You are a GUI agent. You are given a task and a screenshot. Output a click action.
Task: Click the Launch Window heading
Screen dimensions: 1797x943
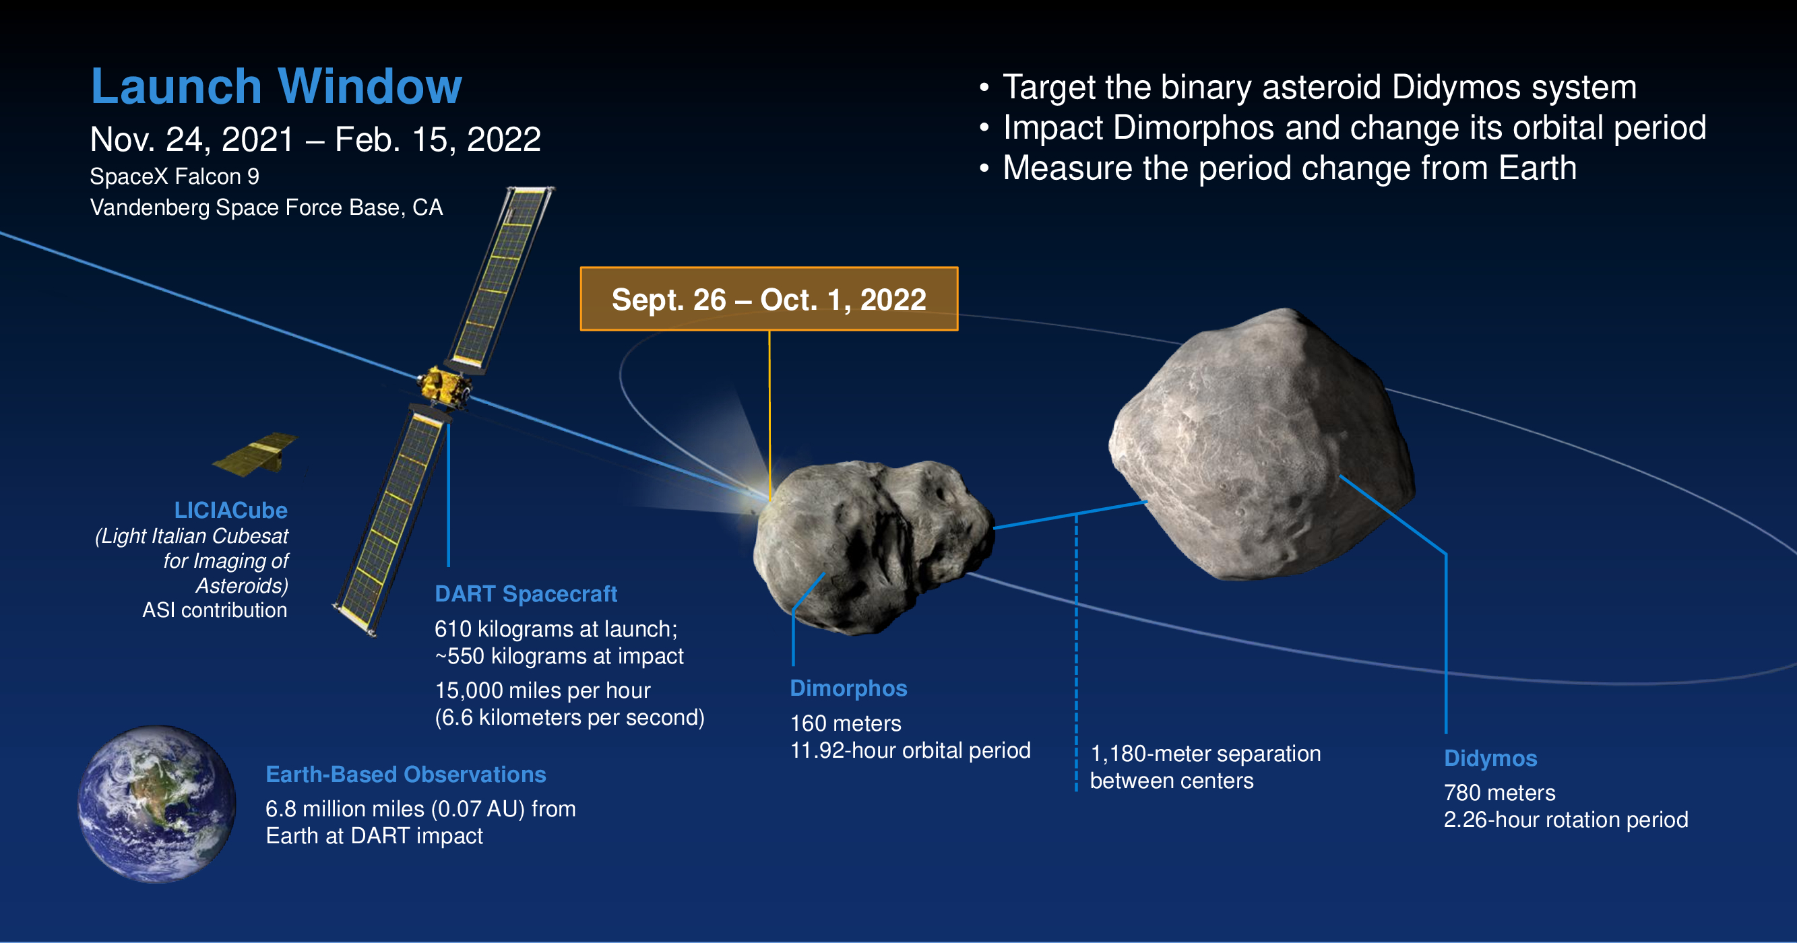click(276, 86)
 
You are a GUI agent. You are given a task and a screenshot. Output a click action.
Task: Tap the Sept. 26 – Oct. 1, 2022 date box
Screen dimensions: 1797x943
click(769, 298)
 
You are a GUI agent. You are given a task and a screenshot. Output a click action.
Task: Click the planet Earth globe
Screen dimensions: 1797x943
click(157, 804)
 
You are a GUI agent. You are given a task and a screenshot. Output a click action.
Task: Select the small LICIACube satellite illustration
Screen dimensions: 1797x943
click(255, 454)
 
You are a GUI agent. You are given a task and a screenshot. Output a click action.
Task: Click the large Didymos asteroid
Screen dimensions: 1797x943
click(1261, 445)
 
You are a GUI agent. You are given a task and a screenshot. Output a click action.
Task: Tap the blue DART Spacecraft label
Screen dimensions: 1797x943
click(526, 593)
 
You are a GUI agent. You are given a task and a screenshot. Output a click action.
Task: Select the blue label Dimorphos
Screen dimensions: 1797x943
click(848, 688)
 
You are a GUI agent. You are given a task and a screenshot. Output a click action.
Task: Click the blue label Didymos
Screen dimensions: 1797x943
click(1490, 758)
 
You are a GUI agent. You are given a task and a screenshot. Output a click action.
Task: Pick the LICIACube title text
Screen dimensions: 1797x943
click(231, 510)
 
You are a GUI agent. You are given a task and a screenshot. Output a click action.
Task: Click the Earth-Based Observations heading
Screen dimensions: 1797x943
click(406, 774)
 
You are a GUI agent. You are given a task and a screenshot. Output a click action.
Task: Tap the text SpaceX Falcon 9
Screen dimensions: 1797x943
click(175, 176)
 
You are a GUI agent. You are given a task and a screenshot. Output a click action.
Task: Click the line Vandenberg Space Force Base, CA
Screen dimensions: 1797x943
click(266, 207)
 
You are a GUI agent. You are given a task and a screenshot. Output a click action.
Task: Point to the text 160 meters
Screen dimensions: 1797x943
click(846, 723)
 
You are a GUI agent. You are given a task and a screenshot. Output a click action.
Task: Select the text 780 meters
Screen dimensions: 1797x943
click(1500, 792)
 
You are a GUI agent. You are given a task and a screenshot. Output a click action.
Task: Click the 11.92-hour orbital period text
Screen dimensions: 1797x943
click(910, 750)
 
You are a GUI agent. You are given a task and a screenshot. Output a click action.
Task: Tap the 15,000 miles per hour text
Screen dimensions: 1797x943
click(542, 690)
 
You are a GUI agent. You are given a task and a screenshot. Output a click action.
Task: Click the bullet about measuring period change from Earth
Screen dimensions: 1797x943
click(1278, 168)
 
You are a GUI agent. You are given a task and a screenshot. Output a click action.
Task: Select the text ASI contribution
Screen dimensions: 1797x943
click(215, 610)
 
